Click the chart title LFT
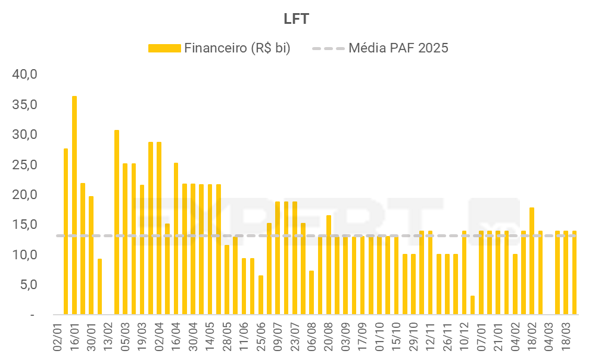click(x=296, y=19)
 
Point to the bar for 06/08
click(x=311, y=292)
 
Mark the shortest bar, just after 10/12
click(x=472, y=305)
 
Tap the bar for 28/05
click(x=227, y=280)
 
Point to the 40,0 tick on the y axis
click(x=26, y=75)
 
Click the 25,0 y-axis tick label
click(x=26, y=165)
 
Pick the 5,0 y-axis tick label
click(x=28, y=284)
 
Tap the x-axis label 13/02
click(x=108, y=337)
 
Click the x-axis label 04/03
click(x=549, y=337)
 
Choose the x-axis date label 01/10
click(x=379, y=337)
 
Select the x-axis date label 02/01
click(x=58, y=337)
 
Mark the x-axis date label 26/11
click(x=447, y=337)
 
